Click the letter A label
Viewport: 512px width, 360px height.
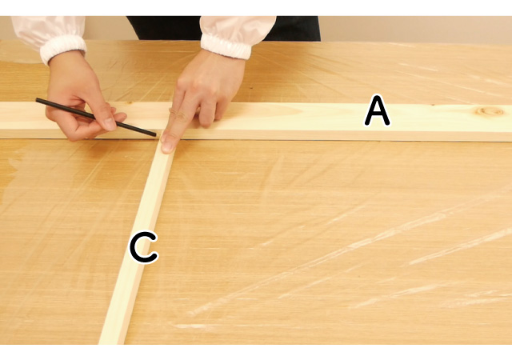click(x=377, y=110)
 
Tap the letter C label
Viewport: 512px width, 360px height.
click(x=144, y=247)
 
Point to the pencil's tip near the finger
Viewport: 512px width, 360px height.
click(x=155, y=134)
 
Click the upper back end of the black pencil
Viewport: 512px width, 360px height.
click(x=37, y=100)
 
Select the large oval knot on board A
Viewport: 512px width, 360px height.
click(x=490, y=111)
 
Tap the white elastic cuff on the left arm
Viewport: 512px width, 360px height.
click(x=62, y=48)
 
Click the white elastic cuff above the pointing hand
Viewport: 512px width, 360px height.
click(x=226, y=46)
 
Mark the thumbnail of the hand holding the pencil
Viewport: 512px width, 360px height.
click(x=109, y=124)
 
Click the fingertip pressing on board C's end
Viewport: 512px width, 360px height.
click(x=168, y=145)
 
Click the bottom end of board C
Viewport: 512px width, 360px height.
click(x=111, y=342)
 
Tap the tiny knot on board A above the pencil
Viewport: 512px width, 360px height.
click(x=130, y=102)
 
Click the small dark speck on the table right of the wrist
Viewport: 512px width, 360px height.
click(x=250, y=88)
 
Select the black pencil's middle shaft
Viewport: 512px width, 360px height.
click(x=96, y=117)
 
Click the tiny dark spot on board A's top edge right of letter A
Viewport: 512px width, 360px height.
click(x=433, y=105)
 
